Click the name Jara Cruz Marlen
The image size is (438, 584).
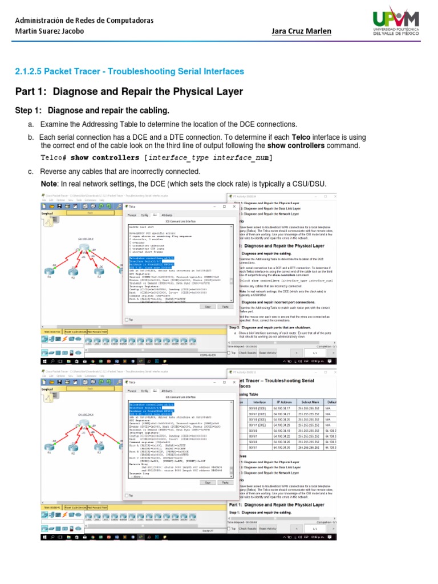click(302, 31)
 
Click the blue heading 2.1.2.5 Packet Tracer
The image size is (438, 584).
click(129, 71)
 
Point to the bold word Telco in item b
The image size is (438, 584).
click(301, 137)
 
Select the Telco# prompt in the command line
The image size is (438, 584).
click(55, 157)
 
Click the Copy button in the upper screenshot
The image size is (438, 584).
click(208, 306)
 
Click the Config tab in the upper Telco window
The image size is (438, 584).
click(144, 215)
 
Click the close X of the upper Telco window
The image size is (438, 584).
click(234, 206)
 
